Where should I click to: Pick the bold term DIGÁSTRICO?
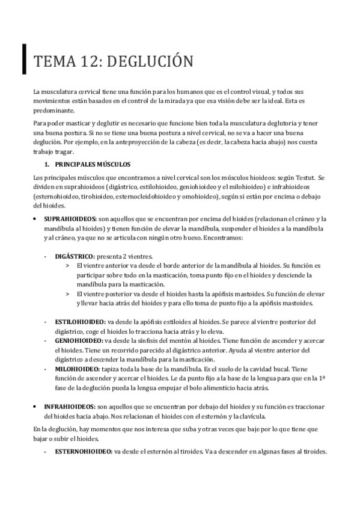pyautogui.click(x=74, y=256)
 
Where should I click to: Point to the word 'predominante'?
pyautogui.click(x=53, y=110)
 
